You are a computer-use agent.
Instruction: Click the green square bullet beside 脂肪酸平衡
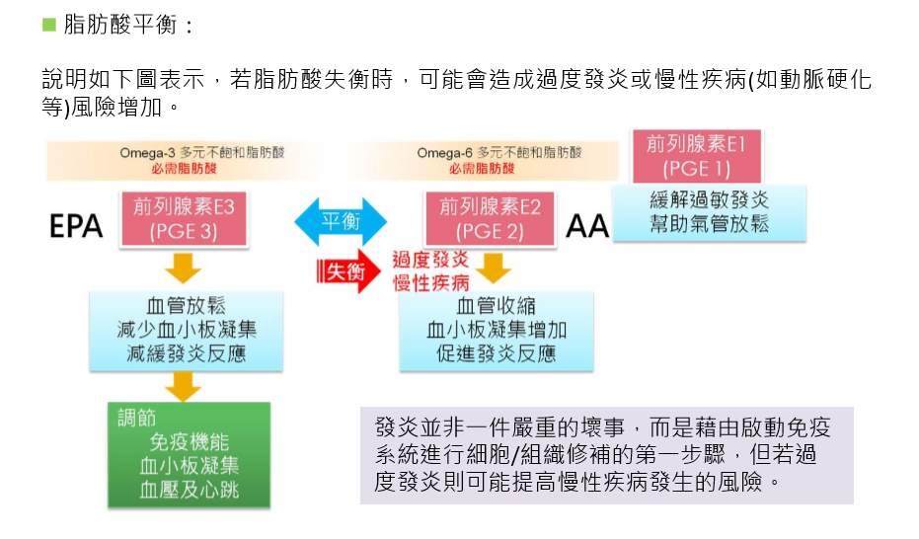pyautogui.click(x=49, y=24)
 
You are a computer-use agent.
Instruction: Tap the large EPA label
pyautogui.click(x=76, y=226)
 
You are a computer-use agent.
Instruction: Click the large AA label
pyautogui.click(x=588, y=227)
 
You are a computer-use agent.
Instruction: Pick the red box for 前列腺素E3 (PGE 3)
pyautogui.click(x=184, y=219)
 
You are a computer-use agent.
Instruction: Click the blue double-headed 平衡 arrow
pyautogui.click(x=342, y=221)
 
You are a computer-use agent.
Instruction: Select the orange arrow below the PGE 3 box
pyautogui.click(x=184, y=268)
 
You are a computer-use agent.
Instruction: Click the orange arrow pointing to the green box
pyautogui.click(x=184, y=387)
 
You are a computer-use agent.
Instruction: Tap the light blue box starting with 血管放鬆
pyautogui.click(x=186, y=330)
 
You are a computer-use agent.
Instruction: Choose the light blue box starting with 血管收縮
pyautogui.click(x=497, y=330)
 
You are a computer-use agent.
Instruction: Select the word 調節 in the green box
pyautogui.click(x=136, y=418)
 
